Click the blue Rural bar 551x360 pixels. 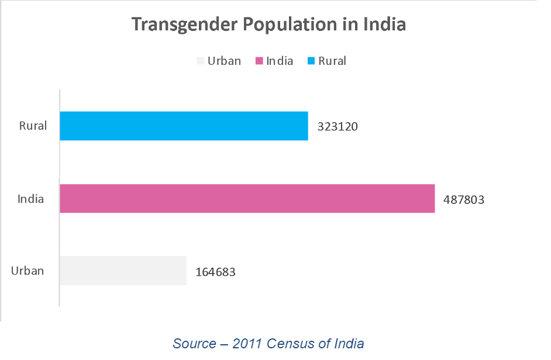pos(184,126)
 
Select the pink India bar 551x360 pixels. pos(247,198)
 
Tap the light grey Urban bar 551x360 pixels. pos(123,271)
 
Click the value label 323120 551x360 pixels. pos(337,126)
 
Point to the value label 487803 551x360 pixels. pos(464,199)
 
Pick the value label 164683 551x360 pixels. pos(215,272)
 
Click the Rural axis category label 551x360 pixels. pos(33,126)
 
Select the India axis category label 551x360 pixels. pos(30,199)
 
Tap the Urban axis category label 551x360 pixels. pos(27,271)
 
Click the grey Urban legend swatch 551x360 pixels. pos(201,61)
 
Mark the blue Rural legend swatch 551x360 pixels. pos(311,61)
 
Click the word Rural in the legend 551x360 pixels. pos(332,61)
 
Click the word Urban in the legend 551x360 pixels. pos(224,61)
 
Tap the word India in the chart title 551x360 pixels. pos(384,25)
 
